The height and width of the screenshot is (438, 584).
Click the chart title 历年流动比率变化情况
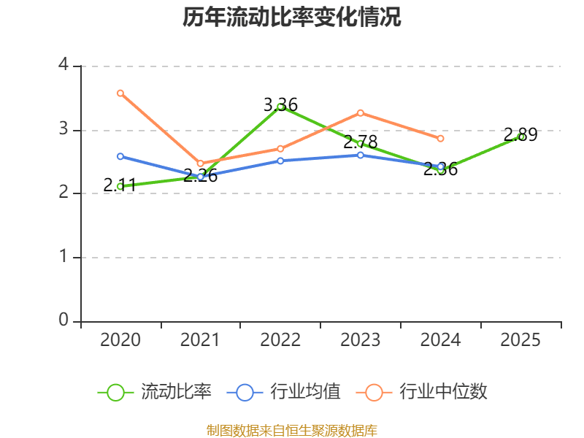click(x=292, y=18)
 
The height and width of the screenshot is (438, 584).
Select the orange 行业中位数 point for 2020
click(x=120, y=93)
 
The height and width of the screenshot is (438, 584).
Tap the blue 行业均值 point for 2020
click(x=120, y=156)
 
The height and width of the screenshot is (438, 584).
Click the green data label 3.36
click(x=280, y=105)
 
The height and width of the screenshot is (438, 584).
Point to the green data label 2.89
click(x=520, y=135)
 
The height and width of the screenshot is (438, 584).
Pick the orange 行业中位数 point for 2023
click(x=361, y=112)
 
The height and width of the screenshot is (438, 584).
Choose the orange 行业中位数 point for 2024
click(x=440, y=138)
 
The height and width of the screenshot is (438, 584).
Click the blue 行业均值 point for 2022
click(x=280, y=161)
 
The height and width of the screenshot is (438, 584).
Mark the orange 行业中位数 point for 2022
click(x=280, y=148)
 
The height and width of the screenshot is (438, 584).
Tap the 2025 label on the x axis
click(x=520, y=339)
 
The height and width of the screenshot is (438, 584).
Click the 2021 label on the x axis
click(x=200, y=339)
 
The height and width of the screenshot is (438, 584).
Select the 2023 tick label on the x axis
click(x=361, y=339)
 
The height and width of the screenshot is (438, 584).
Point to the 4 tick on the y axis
click(x=64, y=65)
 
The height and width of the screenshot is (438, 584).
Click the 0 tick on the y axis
click(x=64, y=320)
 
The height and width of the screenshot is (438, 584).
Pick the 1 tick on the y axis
click(x=64, y=257)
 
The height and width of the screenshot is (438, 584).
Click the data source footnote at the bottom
click(x=292, y=430)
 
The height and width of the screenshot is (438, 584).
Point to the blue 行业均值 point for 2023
click(x=361, y=155)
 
